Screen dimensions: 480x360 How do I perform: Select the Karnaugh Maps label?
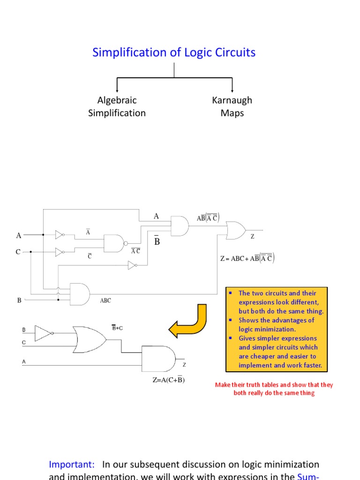[x=232, y=106]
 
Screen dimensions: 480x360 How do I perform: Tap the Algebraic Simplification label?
[x=117, y=106]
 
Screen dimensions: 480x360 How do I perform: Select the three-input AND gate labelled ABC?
[x=79, y=294]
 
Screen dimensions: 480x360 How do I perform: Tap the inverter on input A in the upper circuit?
[x=60, y=234]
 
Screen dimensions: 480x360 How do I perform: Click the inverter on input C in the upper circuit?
[x=60, y=252]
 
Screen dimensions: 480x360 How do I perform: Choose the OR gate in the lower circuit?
[x=90, y=339]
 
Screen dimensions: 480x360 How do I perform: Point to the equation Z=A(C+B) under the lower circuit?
[x=168, y=380]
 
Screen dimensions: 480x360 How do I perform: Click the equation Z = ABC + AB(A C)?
[x=247, y=258]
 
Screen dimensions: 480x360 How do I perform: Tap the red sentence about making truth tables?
[x=274, y=389]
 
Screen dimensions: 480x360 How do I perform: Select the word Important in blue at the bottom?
[x=72, y=464]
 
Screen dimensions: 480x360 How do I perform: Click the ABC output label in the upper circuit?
[x=105, y=301]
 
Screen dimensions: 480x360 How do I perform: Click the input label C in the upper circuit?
[x=18, y=252]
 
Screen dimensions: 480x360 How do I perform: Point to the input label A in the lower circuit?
[x=24, y=361]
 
